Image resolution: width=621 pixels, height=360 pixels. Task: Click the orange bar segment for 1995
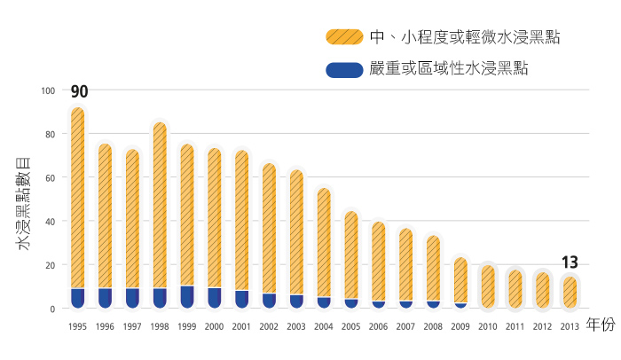pyautogui.click(x=77, y=195)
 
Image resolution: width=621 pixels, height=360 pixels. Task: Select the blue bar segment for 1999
pyautogui.click(x=187, y=297)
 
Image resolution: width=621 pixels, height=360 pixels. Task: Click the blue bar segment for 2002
pyautogui.click(x=269, y=301)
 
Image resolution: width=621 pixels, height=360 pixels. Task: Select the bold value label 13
pyautogui.click(x=570, y=262)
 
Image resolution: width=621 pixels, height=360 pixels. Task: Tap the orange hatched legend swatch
pyautogui.click(x=343, y=36)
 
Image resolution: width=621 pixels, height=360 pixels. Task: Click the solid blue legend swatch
pyautogui.click(x=343, y=69)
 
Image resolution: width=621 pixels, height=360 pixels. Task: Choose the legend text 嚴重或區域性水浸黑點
pyautogui.click(x=448, y=69)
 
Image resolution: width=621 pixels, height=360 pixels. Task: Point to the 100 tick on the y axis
pyautogui.click(x=49, y=90)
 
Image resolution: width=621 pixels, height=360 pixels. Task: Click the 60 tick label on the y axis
pyautogui.click(x=51, y=178)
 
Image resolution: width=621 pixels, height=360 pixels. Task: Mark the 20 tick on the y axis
pyautogui.click(x=51, y=265)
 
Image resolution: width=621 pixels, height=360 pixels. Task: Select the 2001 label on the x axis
pyautogui.click(x=241, y=326)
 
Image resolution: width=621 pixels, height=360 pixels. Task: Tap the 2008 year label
pyautogui.click(x=433, y=326)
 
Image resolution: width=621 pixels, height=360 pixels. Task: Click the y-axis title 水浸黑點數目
pyautogui.click(x=24, y=200)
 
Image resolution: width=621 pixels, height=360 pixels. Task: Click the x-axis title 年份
pyautogui.click(x=600, y=325)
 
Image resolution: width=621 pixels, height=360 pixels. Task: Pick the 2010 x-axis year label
pyautogui.click(x=487, y=326)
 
